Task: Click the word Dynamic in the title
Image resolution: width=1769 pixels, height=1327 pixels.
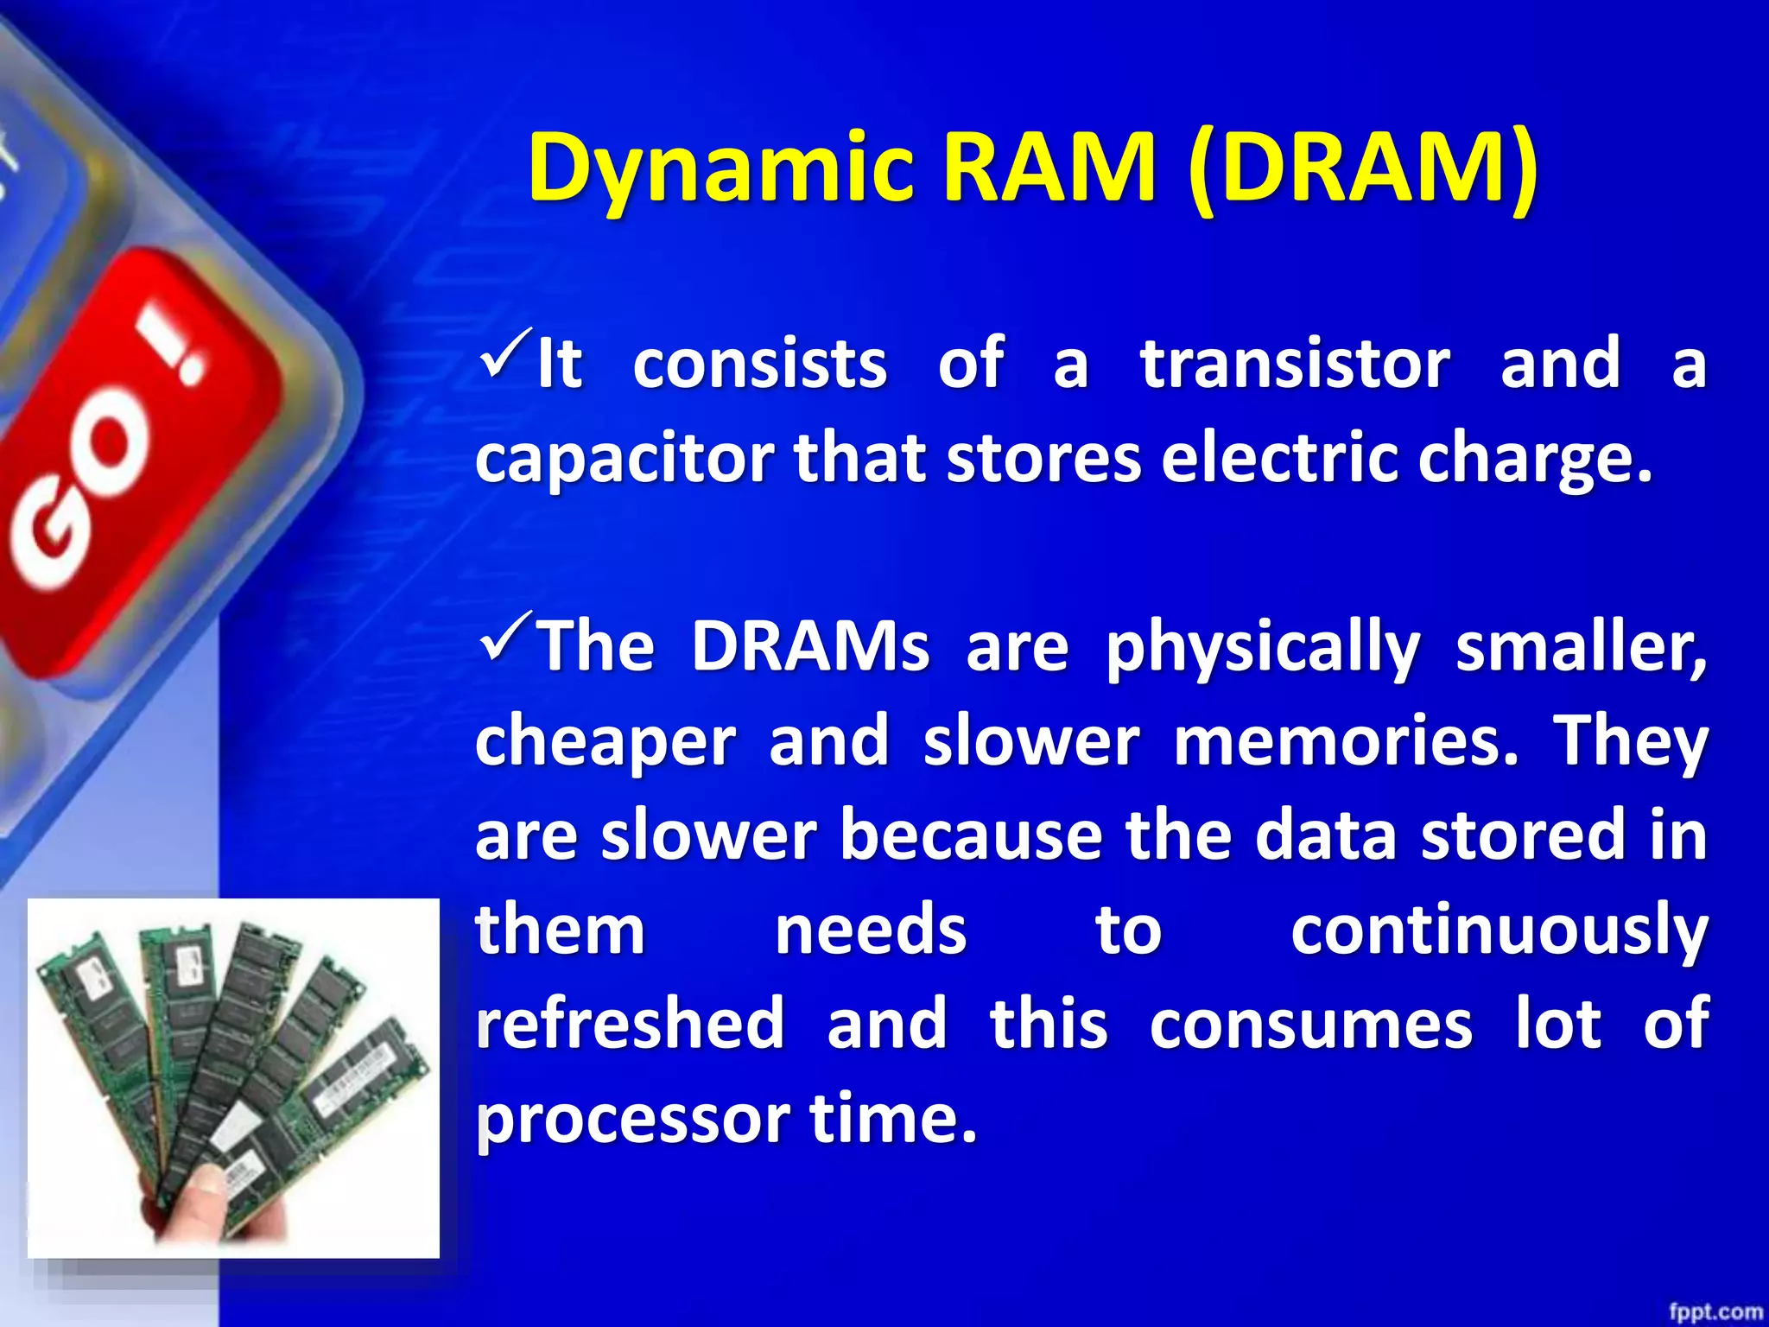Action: click(x=720, y=168)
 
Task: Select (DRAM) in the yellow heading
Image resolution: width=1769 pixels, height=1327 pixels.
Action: click(x=1362, y=168)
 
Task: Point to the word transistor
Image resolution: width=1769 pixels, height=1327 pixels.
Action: click(x=1295, y=364)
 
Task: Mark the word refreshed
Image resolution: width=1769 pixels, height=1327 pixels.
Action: click(x=630, y=1024)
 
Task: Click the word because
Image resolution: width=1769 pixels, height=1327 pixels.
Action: click(x=971, y=835)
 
